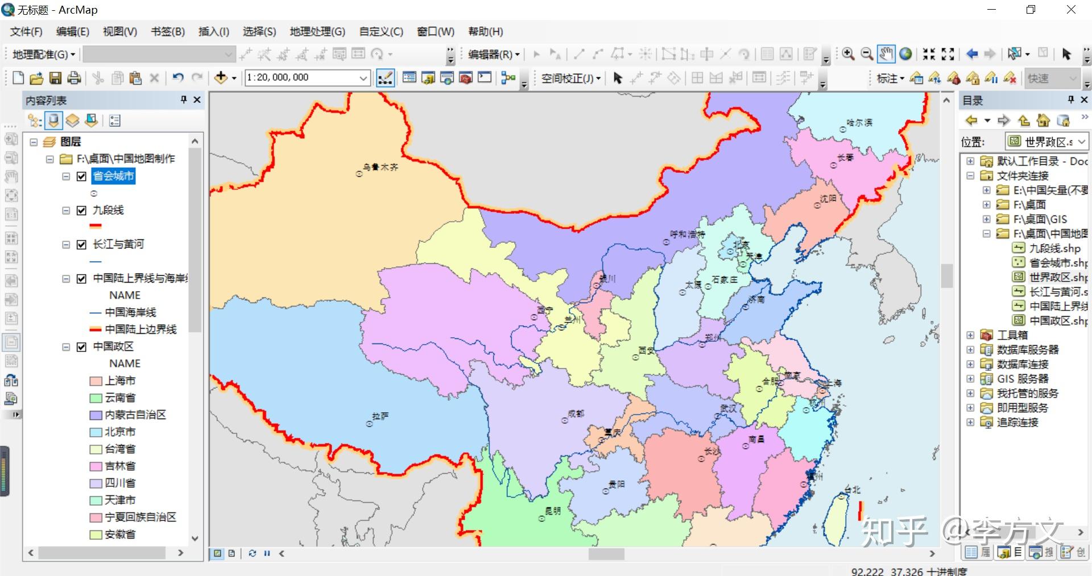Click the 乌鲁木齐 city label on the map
click(381, 167)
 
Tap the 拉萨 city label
click(380, 416)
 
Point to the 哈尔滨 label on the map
click(859, 123)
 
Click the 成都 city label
click(576, 413)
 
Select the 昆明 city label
click(553, 511)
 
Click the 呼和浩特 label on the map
click(687, 234)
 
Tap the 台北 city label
click(853, 490)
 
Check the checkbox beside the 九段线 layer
click(81, 210)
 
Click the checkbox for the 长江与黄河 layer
click(81, 245)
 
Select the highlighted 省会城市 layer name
click(114, 176)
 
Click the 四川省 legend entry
click(120, 483)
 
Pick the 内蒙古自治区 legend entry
click(135, 415)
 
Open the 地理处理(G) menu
click(317, 32)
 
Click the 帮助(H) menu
click(485, 32)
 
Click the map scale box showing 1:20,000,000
click(301, 78)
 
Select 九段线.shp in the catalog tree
click(1054, 248)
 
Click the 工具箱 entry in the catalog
click(1012, 335)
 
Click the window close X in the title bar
click(1071, 10)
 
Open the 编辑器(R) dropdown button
click(493, 55)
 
